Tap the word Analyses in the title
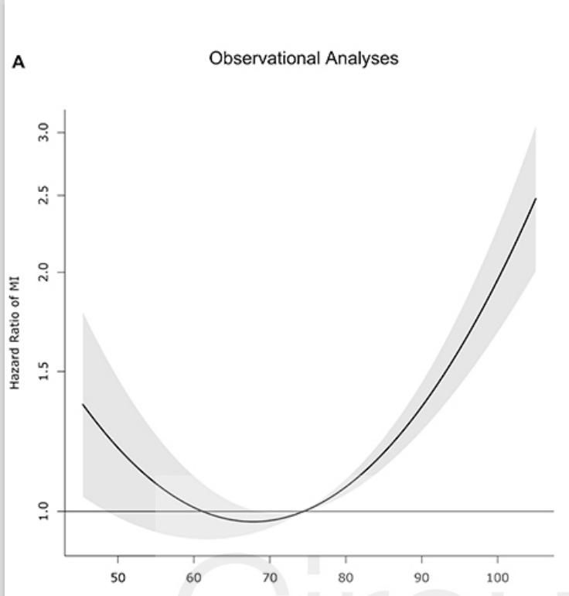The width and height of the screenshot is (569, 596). (x=366, y=59)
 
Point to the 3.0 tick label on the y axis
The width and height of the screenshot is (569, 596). (x=46, y=132)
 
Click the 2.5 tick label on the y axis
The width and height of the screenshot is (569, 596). (x=46, y=196)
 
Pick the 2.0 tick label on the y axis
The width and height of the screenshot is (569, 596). (x=46, y=272)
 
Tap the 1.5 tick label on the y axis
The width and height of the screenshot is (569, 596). (x=46, y=372)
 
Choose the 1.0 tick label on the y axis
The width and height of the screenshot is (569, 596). (x=46, y=512)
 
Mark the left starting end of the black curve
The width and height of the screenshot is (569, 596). (x=83, y=404)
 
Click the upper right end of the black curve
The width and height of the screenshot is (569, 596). (x=535, y=198)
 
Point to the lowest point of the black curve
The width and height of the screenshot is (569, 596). (x=254, y=521)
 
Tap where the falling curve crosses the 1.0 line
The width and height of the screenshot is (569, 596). (x=203, y=511)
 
